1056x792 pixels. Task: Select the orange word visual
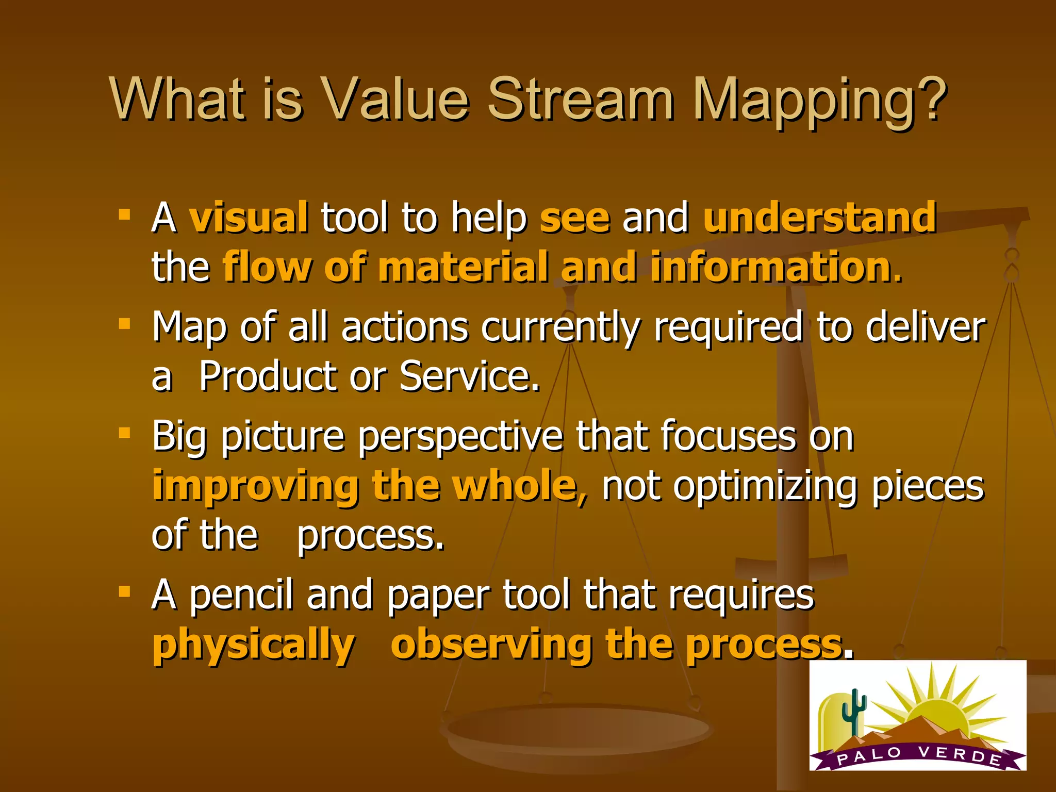[249, 217]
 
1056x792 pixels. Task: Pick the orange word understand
[819, 217]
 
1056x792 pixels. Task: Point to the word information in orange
[770, 267]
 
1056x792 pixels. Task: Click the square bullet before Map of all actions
[124, 324]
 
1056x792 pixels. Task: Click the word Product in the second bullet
[268, 376]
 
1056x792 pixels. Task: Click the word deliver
[926, 327]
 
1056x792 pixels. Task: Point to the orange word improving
[255, 486]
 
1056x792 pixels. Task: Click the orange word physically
[253, 645]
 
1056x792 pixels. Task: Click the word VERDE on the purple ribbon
[959, 754]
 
